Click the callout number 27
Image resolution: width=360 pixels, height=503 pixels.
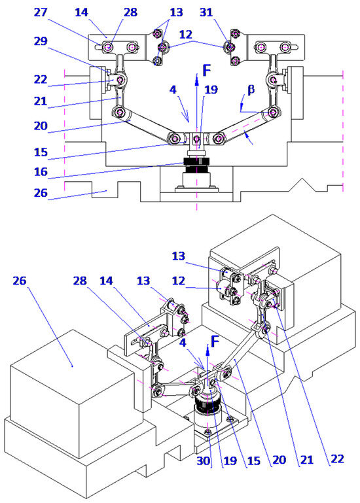(x=41, y=12)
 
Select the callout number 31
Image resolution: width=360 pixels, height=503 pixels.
(x=206, y=12)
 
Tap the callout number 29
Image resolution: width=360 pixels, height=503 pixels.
(x=41, y=41)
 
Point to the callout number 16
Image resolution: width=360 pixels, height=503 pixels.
(x=41, y=171)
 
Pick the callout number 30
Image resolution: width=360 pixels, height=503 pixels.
(x=204, y=460)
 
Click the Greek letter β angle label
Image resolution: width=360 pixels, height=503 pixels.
(x=251, y=90)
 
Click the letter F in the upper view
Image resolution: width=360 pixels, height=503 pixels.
(x=207, y=71)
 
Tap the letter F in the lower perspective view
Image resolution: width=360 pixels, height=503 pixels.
(x=215, y=341)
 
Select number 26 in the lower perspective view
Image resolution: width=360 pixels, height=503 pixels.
(x=20, y=281)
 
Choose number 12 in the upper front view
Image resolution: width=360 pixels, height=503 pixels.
(x=186, y=34)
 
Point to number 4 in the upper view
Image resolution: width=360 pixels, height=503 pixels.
(x=173, y=90)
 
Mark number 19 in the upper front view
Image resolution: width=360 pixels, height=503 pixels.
(x=211, y=90)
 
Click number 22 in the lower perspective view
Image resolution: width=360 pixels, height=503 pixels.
(x=337, y=459)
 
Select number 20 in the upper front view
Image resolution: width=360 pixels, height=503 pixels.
(x=41, y=126)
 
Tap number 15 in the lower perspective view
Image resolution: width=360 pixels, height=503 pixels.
(x=254, y=460)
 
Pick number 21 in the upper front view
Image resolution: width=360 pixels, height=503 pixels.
(x=41, y=101)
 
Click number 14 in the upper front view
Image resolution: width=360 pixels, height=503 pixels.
(x=81, y=12)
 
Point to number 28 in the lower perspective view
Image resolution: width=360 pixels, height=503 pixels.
(x=80, y=281)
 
